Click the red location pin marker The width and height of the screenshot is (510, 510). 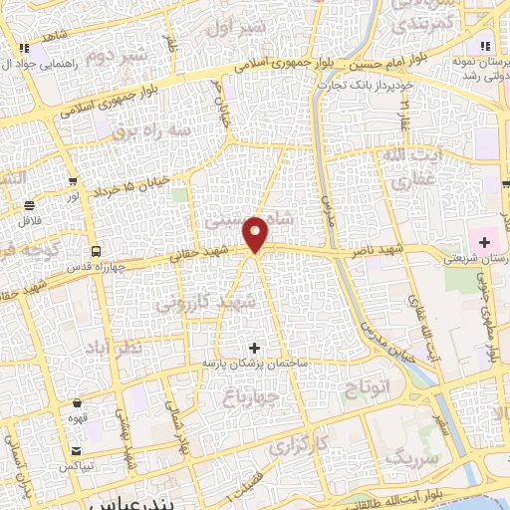pyautogui.click(x=257, y=233)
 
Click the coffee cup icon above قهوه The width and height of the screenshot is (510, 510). pyautogui.click(x=78, y=403)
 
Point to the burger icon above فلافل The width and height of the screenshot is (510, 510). pyautogui.click(x=29, y=205)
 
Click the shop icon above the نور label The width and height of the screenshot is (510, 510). pyautogui.click(x=73, y=181)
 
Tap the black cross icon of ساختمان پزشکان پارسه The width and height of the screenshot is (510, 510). pyautogui.click(x=254, y=348)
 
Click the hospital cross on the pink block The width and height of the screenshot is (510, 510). pyautogui.click(x=484, y=241)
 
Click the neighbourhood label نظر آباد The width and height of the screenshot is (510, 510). pyautogui.click(x=140, y=344)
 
